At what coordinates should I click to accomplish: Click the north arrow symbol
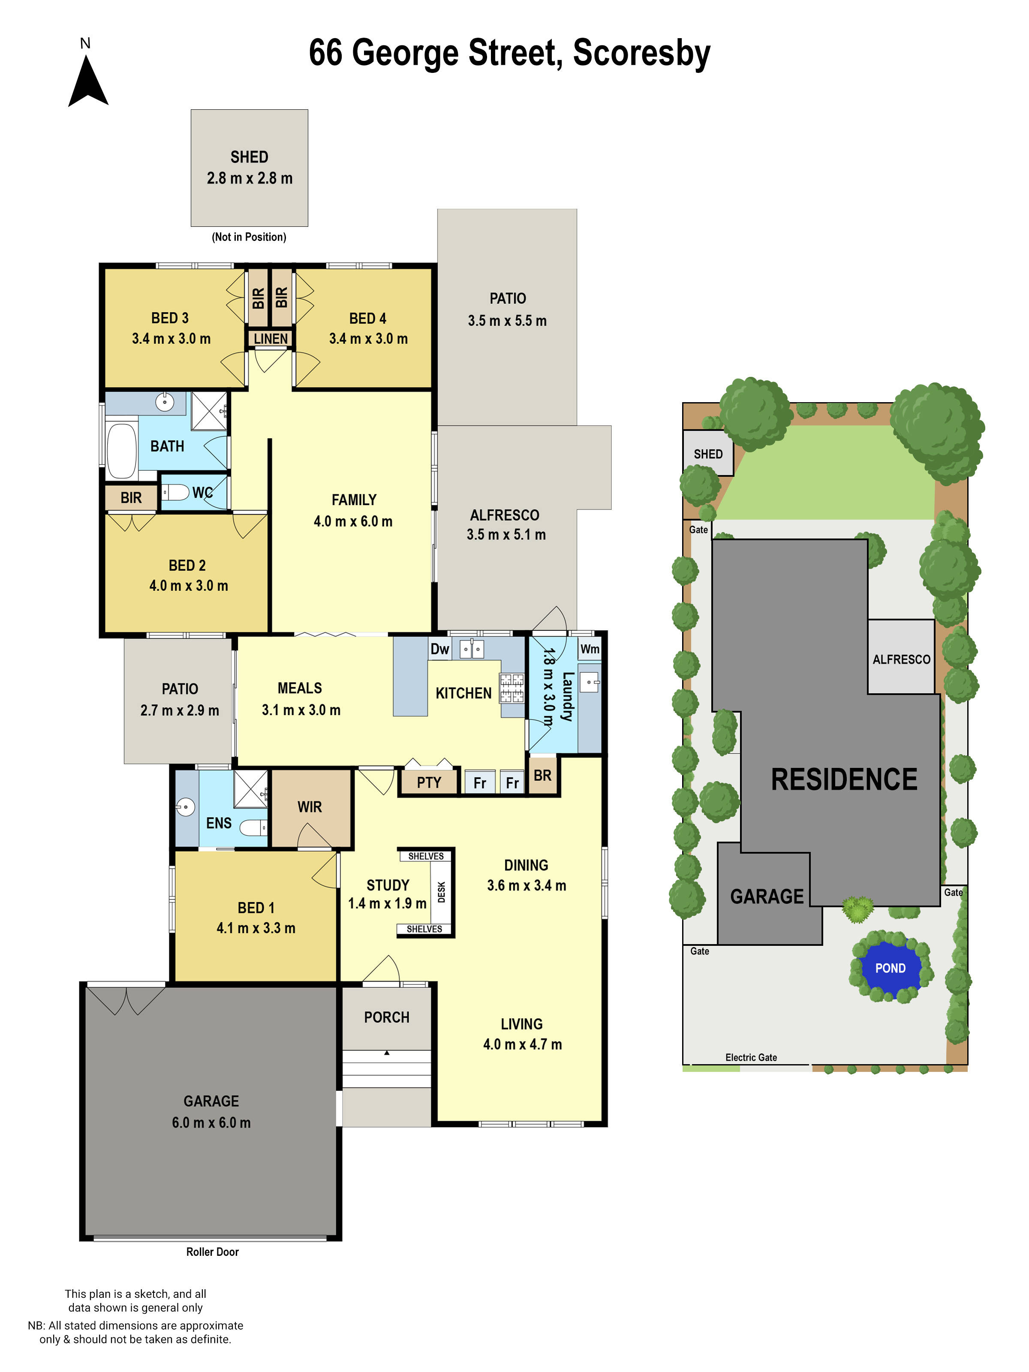coord(88,82)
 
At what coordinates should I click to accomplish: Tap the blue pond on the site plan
coord(890,968)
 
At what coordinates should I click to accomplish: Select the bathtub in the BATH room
coord(122,451)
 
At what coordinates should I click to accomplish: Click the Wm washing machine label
coord(589,649)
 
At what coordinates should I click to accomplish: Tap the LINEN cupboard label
coord(271,339)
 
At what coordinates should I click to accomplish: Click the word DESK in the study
coord(442,892)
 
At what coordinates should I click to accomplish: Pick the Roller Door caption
coord(212,1252)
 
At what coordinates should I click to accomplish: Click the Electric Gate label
coord(750,1058)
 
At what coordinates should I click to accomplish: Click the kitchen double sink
coord(471,649)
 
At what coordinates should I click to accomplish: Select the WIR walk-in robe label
coord(310,807)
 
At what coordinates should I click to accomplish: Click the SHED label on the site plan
coord(708,454)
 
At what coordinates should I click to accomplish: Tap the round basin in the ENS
coord(185,807)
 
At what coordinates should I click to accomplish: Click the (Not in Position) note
coord(249,237)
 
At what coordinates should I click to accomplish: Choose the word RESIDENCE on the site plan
coord(843,779)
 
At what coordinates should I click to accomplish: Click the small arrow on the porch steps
coord(386,1053)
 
